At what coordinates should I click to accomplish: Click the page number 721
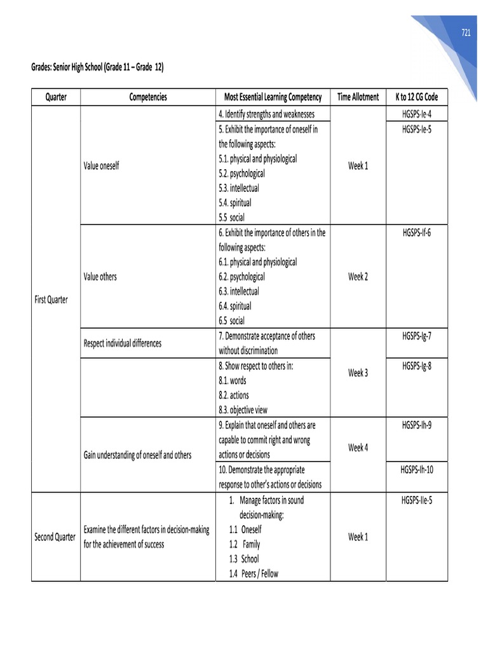pyautogui.click(x=466, y=34)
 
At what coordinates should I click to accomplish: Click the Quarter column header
pyautogui.click(x=56, y=97)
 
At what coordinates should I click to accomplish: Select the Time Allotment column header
pyautogui.click(x=358, y=97)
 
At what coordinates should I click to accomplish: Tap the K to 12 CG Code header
pyautogui.click(x=416, y=97)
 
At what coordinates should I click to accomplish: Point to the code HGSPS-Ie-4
pyautogui.click(x=416, y=114)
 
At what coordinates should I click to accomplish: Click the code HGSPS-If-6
pyautogui.click(x=416, y=233)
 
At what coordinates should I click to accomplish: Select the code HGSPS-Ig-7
pyautogui.click(x=416, y=336)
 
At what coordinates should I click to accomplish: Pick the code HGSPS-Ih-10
pyautogui.click(x=416, y=470)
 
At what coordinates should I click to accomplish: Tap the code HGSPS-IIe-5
pyautogui.click(x=416, y=500)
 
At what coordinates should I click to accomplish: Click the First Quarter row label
pyautogui.click(x=51, y=299)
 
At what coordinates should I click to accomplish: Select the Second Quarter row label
pyautogui.click(x=55, y=537)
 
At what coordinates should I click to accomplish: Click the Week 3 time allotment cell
pyautogui.click(x=358, y=373)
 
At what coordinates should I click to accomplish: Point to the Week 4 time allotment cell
pyautogui.click(x=358, y=448)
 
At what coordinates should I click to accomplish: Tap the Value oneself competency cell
pyautogui.click(x=101, y=166)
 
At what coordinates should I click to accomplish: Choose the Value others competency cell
pyautogui.click(x=100, y=277)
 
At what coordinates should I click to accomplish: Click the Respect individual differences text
pyautogui.click(x=123, y=343)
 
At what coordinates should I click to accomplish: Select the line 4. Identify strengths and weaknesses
pyautogui.click(x=266, y=114)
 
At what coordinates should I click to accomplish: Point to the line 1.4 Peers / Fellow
pyautogui.click(x=254, y=573)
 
